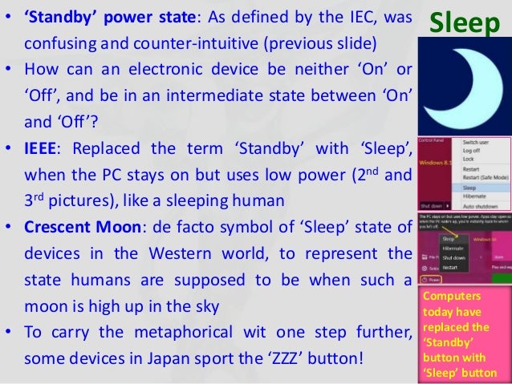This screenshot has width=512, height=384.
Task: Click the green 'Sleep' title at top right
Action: click(465, 24)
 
